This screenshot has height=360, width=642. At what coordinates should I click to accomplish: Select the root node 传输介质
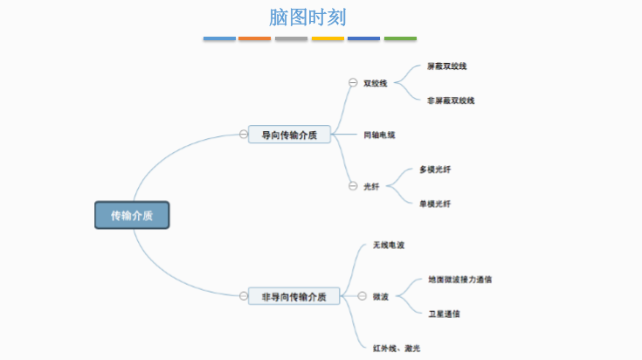coord(132,215)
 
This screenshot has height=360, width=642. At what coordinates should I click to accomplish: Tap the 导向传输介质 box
coord(289,135)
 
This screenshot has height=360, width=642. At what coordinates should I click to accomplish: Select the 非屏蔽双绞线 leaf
coord(451,100)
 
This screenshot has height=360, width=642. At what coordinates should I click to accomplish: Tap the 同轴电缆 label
coord(379,135)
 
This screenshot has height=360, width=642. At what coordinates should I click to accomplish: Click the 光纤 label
coord(371,186)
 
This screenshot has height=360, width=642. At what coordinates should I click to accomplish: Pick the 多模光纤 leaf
coord(435,169)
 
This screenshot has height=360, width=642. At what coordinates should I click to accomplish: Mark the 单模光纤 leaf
coord(435,204)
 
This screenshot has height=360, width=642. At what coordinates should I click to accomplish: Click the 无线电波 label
coord(388,245)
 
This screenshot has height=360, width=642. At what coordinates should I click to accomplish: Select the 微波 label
coord(380,296)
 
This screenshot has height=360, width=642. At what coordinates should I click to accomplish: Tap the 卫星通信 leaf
coord(444,314)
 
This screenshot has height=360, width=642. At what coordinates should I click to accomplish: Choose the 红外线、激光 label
coord(396,349)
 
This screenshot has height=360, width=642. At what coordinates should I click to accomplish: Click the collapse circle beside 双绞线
coord(353,83)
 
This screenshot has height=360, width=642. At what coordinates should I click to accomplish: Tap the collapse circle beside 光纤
coord(353,186)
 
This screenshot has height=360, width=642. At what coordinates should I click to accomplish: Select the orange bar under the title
coord(255,38)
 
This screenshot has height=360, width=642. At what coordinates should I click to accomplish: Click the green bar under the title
coord(400,38)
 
